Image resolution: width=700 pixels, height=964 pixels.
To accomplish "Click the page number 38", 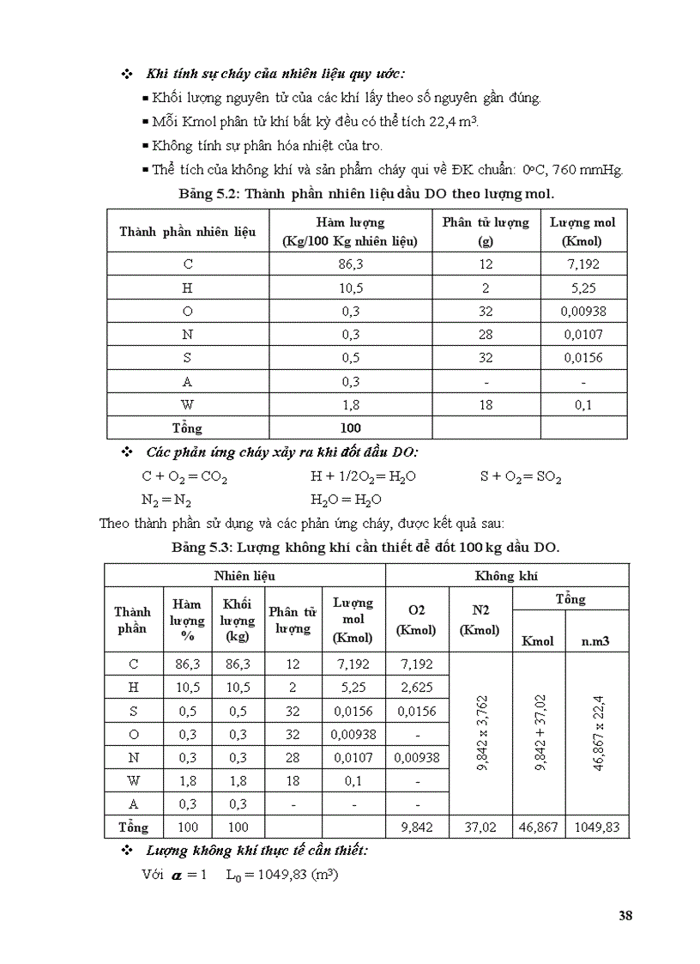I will point(625,915).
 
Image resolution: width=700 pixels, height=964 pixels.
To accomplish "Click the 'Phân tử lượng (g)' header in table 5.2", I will point(486,232).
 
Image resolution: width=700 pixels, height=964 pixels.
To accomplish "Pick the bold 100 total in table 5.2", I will point(350,427).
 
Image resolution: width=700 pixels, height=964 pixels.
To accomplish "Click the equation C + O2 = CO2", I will point(184,476).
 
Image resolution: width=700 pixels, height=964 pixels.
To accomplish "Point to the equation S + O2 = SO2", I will point(521,476).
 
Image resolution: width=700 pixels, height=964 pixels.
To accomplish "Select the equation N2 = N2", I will point(166,500).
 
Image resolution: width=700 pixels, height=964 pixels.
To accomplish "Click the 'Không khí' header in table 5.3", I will point(507,577).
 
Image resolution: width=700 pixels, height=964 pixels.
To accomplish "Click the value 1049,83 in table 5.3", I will point(597,828).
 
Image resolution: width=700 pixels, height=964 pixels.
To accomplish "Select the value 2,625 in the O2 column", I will point(417,688).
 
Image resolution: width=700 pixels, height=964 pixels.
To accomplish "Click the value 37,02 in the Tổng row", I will point(481,828).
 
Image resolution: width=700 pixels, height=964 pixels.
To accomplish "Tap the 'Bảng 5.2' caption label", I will point(206,193).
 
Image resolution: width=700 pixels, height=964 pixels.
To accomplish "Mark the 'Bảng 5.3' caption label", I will point(200,547).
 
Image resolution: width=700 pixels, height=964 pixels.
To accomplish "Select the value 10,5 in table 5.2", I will point(350,288).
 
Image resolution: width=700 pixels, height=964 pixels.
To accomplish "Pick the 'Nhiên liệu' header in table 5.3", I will point(244,577).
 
